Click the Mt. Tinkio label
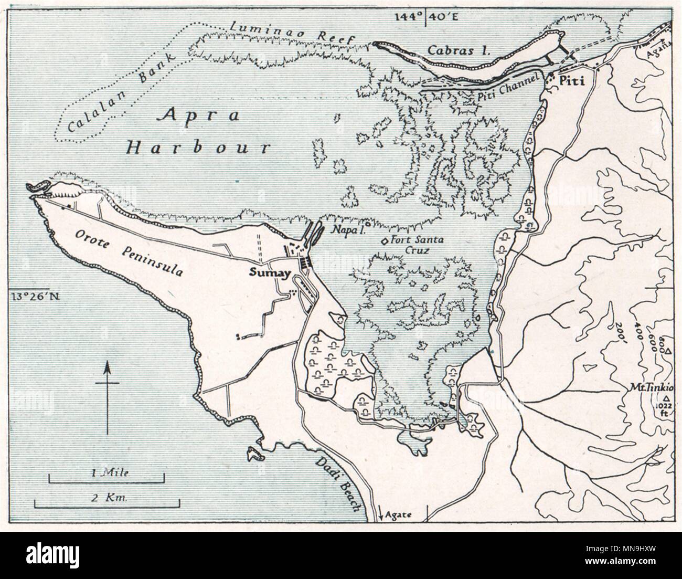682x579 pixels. pos(654,388)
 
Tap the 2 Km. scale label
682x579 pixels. pos(107,498)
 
